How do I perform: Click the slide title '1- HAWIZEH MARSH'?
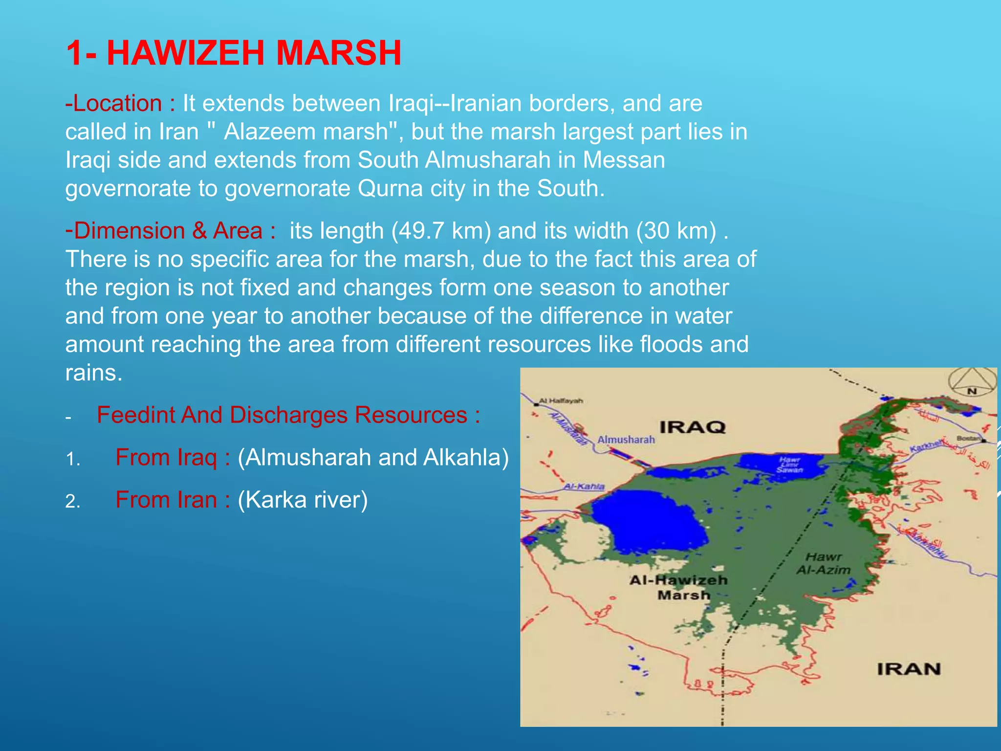pos(233,53)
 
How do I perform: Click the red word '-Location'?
pos(113,104)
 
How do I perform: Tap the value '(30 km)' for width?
pos(676,231)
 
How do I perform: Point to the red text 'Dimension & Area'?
pos(168,231)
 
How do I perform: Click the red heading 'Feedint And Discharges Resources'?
pos(282,415)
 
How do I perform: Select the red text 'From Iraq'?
pos(166,458)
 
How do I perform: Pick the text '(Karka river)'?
pos(303,500)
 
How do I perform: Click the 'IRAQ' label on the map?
pos(693,427)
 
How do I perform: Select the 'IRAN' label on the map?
pos(909,669)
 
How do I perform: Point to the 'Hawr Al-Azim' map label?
pos(824,563)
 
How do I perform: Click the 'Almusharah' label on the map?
pos(626,440)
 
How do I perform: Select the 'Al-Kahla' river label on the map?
pos(584,486)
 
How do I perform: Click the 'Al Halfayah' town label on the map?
pos(561,401)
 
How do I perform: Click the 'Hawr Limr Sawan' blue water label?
pos(790,464)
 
